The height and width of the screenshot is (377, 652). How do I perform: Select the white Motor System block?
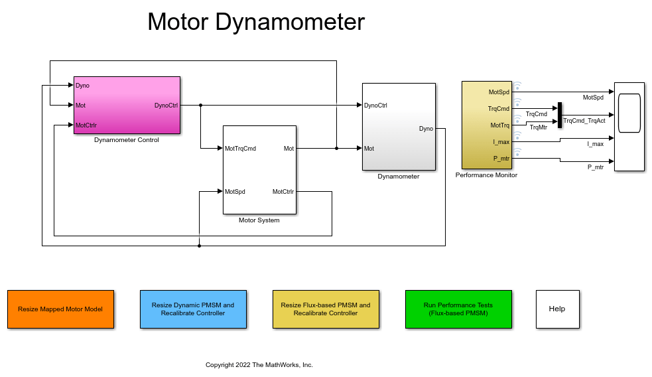click(259, 170)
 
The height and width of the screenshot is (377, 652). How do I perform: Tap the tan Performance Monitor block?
click(486, 125)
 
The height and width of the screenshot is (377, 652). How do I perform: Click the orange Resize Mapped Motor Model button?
click(60, 309)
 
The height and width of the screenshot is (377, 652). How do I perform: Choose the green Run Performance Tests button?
click(458, 309)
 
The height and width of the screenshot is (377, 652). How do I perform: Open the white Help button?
click(557, 309)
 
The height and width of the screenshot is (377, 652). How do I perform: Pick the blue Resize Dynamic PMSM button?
click(193, 309)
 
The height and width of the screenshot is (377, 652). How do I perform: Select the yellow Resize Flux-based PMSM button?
click(326, 309)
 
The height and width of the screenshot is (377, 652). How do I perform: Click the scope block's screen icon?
click(629, 114)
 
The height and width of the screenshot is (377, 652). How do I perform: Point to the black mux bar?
click(560, 115)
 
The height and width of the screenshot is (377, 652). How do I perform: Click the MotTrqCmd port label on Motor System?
click(240, 149)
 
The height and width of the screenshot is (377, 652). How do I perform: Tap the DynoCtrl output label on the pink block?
click(166, 106)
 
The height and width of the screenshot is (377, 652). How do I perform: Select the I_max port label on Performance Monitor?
click(501, 142)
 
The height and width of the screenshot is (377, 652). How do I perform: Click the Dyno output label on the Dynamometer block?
click(426, 129)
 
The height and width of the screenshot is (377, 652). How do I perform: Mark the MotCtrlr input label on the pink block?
click(86, 125)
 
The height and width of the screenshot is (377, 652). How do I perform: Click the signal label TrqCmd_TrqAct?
click(584, 121)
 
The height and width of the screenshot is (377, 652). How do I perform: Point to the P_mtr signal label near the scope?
click(595, 167)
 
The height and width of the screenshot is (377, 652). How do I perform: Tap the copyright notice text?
click(259, 365)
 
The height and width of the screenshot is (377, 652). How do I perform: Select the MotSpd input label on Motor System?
click(235, 192)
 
